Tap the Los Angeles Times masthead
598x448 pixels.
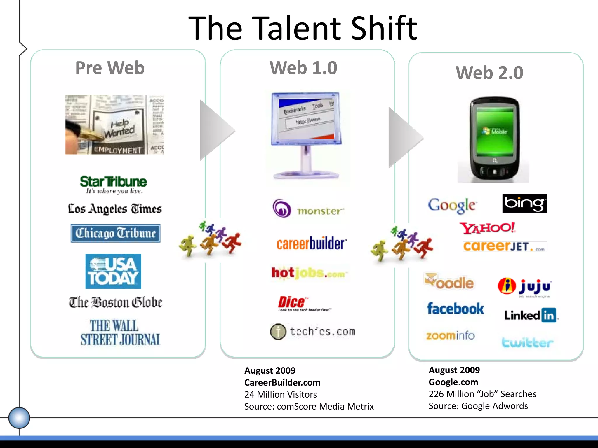(x=115, y=209)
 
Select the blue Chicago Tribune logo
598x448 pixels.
(x=115, y=233)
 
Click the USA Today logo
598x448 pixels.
(x=113, y=271)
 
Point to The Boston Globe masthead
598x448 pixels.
(x=116, y=302)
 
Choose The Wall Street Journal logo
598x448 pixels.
(x=120, y=333)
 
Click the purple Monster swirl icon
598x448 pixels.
(x=282, y=208)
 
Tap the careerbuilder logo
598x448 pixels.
(x=312, y=244)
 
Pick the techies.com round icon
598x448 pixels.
(x=278, y=332)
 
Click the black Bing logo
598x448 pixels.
(x=525, y=204)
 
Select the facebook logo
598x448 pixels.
(x=456, y=309)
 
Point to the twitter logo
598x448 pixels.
(x=527, y=342)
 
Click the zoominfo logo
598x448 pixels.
(x=450, y=336)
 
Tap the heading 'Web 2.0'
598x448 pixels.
(x=489, y=73)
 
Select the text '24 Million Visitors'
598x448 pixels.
(x=280, y=394)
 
